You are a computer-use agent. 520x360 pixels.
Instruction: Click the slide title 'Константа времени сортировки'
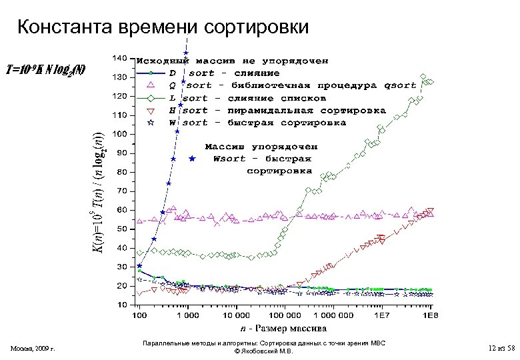(x=163, y=27)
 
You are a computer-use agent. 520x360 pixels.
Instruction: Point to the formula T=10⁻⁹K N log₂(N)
(x=45, y=69)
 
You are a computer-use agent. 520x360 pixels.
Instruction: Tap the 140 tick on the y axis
(x=119, y=58)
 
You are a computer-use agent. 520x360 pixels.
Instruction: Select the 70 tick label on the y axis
(x=121, y=191)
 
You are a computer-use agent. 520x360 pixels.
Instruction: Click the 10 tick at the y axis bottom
(x=121, y=305)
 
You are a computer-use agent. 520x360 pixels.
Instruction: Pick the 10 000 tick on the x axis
(x=236, y=314)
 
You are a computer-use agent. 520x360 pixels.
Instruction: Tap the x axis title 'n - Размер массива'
(x=283, y=328)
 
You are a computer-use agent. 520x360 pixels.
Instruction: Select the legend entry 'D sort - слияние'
(x=224, y=73)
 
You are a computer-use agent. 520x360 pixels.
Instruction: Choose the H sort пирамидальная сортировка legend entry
(x=277, y=110)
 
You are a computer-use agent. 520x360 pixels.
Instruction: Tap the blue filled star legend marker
(x=192, y=159)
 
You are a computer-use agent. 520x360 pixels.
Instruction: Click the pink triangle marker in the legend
(x=151, y=85)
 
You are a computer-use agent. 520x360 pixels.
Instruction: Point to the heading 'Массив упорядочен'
(x=261, y=146)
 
